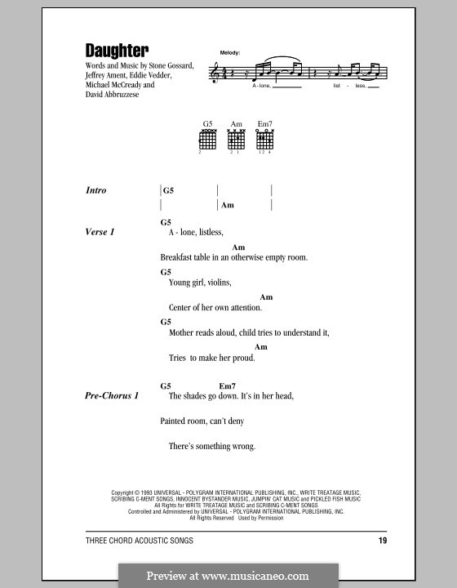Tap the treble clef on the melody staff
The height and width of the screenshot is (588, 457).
pyautogui.click(x=215, y=73)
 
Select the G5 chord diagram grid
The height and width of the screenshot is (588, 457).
pyautogui.click(x=209, y=140)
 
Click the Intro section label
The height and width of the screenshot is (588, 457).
pyautogui.click(x=96, y=190)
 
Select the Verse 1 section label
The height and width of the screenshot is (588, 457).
pyautogui.click(x=100, y=232)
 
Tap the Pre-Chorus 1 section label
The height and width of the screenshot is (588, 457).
pyautogui.click(x=113, y=395)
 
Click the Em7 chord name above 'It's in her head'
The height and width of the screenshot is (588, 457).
pyautogui.click(x=227, y=385)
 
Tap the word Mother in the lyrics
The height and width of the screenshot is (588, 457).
pyautogui.click(x=183, y=333)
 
